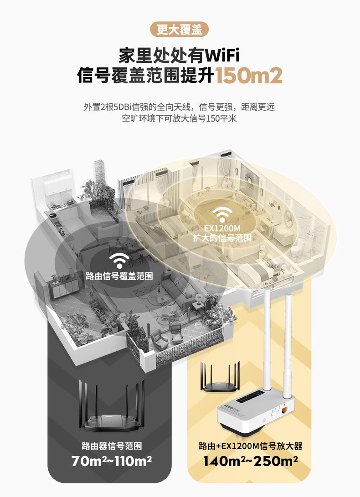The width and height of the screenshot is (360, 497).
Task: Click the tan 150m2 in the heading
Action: [x=249, y=76]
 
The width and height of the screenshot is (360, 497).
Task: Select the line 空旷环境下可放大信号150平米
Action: [x=180, y=119]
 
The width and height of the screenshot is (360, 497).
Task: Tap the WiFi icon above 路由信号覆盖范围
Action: [x=119, y=260]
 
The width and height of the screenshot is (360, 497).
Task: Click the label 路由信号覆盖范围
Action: [x=119, y=276]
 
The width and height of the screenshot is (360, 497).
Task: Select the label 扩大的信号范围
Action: [x=222, y=237]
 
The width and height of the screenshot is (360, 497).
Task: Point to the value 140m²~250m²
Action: [x=251, y=462]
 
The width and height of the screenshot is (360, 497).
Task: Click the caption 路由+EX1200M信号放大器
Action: [x=251, y=446]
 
